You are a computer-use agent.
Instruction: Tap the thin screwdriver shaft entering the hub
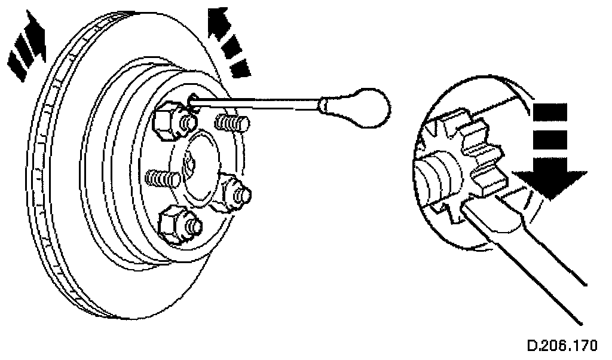[257, 104]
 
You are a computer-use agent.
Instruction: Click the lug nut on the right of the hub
[235, 192]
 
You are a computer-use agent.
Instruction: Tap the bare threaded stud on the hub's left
[163, 178]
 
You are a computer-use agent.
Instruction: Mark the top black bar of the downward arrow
[549, 112]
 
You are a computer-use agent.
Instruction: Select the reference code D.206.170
[561, 346]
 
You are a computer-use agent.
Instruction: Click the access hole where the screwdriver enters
[192, 102]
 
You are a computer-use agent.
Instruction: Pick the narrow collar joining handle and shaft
[323, 106]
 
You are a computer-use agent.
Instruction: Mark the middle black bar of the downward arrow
[549, 140]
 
